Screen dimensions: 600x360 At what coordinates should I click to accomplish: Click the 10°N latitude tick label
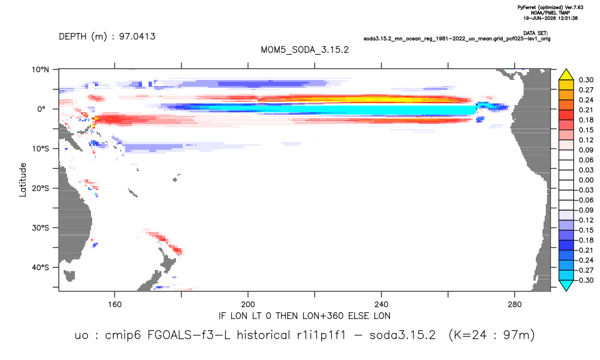pos(40,70)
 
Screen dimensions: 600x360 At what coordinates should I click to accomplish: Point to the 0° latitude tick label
pos(41,109)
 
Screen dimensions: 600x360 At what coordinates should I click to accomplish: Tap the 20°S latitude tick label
pos(40,188)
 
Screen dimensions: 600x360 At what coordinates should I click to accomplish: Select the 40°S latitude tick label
pos(40,267)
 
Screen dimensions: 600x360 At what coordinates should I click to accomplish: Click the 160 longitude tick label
pos(115,305)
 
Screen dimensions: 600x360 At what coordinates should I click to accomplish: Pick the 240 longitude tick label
pos(382,305)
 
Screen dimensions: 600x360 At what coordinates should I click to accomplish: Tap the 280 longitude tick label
pos(515,305)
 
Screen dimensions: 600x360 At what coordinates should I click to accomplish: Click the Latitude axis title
pos(23,180)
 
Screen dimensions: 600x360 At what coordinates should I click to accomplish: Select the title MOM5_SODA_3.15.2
pos(304,50)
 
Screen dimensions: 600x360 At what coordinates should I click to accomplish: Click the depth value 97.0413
pos(137,37)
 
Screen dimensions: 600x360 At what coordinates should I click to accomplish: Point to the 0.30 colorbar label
pos(586,80)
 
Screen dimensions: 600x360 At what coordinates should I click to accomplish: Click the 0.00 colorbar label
pos(586,180)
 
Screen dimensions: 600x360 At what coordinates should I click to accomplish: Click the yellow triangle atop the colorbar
pos(566,75)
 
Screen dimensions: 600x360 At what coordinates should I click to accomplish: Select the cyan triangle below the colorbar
pos(566,285)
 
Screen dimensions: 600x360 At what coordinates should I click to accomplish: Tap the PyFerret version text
pos(550,7)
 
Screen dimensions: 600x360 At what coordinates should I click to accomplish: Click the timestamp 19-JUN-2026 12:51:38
pos(550,18)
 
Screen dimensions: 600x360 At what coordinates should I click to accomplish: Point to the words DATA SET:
pos(535,34)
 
